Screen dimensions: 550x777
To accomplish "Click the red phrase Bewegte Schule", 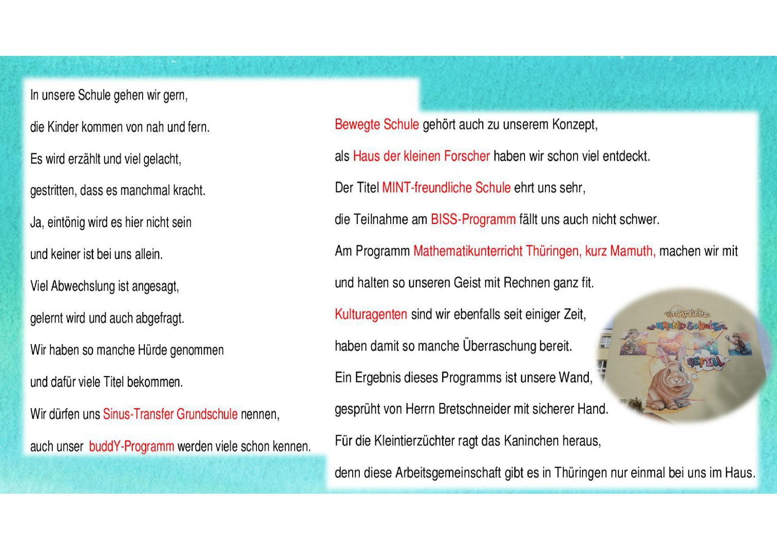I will [377, 125].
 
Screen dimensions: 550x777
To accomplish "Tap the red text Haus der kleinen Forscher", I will [421, 156].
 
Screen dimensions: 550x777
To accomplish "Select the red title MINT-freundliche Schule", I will [446, 188].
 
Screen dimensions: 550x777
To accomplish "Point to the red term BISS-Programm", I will [473, 220].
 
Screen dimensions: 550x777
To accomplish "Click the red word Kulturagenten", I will [371, 314].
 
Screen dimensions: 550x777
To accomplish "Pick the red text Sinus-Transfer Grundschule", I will [170, 414].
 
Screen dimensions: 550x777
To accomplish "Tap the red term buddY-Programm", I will [131, 446].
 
